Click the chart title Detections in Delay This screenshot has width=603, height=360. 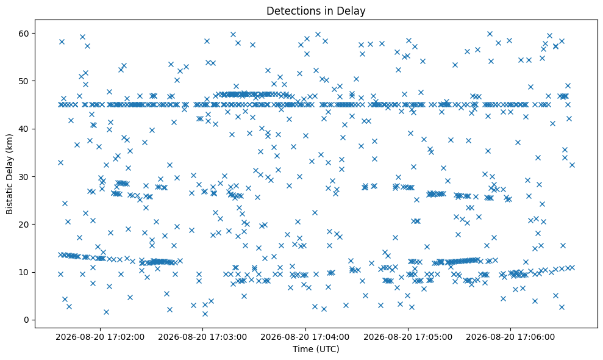tap(316, 11)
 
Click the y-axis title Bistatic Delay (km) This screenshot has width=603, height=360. tap(9, 174)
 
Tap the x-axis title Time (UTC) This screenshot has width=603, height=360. tap(316, 349)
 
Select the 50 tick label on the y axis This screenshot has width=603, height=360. tap(24, 81)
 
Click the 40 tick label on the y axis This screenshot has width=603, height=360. tap(24, 129)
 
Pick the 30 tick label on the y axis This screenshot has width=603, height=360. tap(24, 177)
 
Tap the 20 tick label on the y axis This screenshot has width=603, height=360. tap(24, 225)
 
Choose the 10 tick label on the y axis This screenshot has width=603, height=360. tap(24, 272)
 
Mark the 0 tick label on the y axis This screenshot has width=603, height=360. tap(27, 320)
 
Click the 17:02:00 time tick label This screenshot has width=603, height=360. tap(100, 337)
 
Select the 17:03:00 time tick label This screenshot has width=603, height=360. tap(202, 337)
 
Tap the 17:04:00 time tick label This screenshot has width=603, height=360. tap(305, 337)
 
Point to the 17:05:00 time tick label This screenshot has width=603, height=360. tap(408, 337)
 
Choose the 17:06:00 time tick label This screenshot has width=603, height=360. tap(511, 337)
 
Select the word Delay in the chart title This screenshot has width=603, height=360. tap(353, 11)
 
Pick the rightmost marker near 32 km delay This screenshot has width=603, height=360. tap(572, 165)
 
